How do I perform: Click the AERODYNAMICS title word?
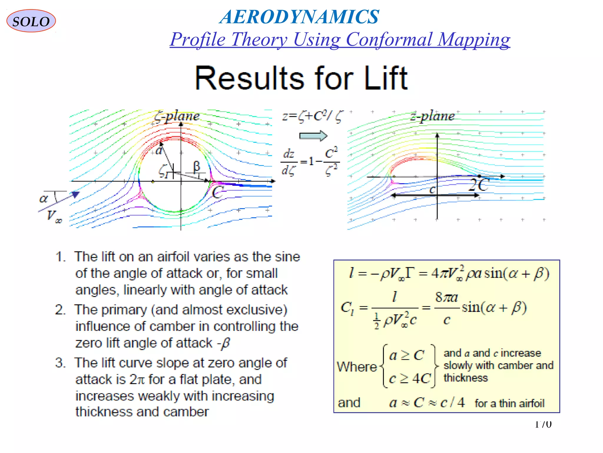(299, 17)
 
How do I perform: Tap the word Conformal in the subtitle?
(389, 39)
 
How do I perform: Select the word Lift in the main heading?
(386, 78)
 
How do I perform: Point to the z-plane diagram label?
(433, 116)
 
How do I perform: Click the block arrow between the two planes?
(313, 136)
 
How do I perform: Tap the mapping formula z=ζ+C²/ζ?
(312, 116)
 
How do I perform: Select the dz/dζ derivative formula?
(310, 162)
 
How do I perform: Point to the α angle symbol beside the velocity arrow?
(44, 198)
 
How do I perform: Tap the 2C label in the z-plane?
(478, 185)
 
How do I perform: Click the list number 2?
(60, 310)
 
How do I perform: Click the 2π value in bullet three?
(137, 380)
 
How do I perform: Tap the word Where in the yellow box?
(357, 367)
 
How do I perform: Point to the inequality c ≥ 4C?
(410, 379)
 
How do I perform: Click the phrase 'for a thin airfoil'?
(509, 403)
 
